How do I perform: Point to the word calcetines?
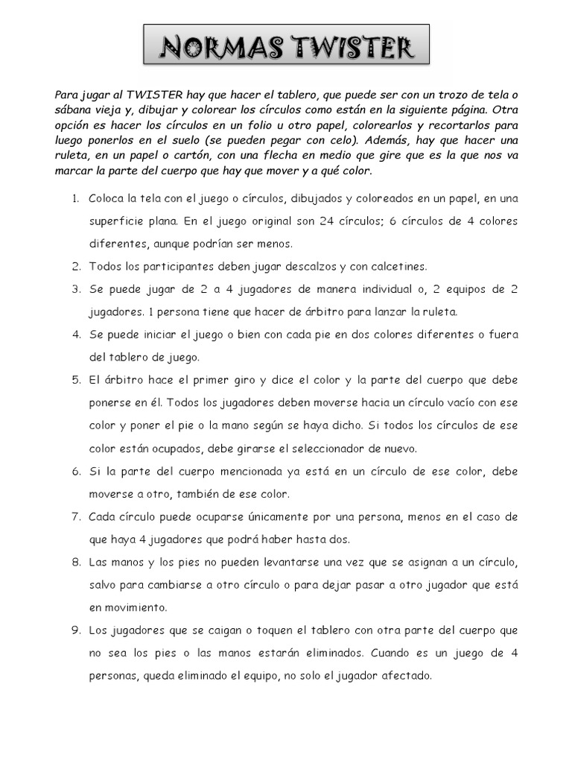click(x=399, y=266)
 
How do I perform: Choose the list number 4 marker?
click(x=76, y=334)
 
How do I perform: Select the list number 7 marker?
click(x=76, y=516)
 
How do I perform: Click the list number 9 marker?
click(x=76, y=630)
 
